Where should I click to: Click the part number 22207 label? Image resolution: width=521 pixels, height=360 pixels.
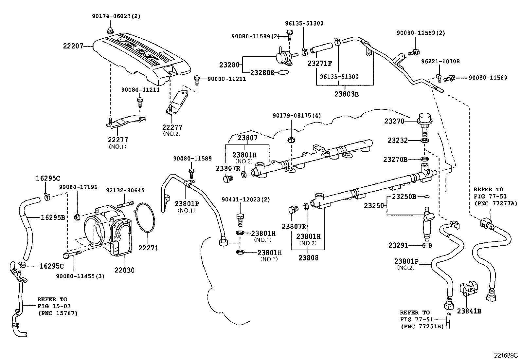point(73,46)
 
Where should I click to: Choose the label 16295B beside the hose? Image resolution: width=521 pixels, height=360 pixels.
point(53,217)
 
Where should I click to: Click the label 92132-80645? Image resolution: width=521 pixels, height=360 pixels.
point(125,190)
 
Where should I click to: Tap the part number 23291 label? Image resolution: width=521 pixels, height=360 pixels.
point(398,245)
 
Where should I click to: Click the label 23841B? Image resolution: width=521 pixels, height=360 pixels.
point(469,311)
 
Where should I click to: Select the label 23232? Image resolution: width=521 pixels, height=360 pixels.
point(398,140)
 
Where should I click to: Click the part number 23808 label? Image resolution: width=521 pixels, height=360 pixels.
point(308,257)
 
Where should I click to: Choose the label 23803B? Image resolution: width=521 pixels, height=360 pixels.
point(347,94)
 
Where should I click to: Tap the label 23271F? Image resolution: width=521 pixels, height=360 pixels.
point(320,64)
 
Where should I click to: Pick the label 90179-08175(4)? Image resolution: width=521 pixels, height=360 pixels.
point(297,115)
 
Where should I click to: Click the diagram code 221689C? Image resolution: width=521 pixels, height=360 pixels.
point(506,355)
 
